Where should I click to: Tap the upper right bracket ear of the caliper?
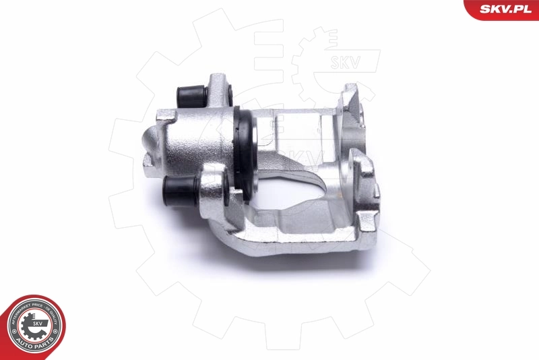pos(351,101)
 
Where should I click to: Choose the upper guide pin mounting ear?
pos(220,90)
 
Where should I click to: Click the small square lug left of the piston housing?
pos(162,117)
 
